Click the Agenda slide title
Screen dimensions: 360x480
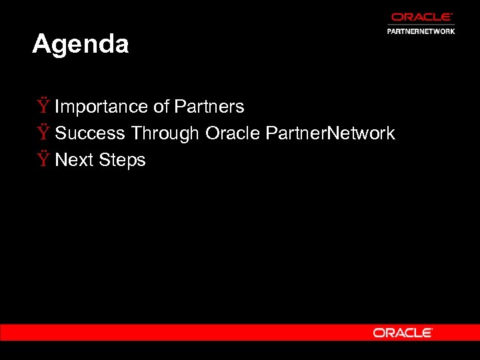coord(80,45)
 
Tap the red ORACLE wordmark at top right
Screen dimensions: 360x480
coord(421,17)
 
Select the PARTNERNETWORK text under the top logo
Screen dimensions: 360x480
coord(421,31)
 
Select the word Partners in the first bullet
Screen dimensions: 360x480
coord(209,107)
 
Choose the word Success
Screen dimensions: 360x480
coord(90,133)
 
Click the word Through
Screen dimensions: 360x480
coord(165,133)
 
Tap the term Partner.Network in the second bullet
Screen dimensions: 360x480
coord(330,133)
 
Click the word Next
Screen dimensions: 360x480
coord(74,160)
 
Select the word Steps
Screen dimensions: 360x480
coord(122,160)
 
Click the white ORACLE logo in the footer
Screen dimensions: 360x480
coord(403,333)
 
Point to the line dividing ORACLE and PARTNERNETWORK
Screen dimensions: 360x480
coord(421,25)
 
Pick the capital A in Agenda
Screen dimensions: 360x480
coord(41,45)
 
